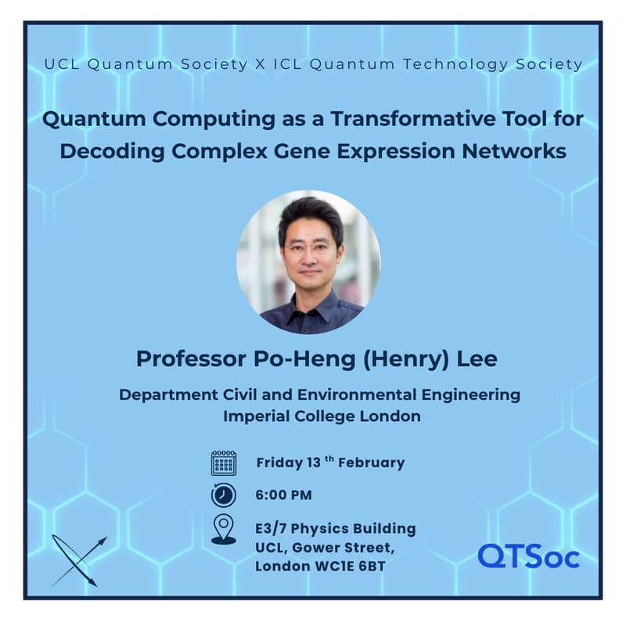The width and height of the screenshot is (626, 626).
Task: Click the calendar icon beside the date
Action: (223, 462)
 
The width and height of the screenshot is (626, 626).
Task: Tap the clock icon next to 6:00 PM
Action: (223, 495)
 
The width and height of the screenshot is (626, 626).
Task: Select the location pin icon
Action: (223, 529)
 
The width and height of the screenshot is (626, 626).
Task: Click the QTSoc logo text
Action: (528, 556)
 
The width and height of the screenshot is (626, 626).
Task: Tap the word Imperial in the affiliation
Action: (259, 416)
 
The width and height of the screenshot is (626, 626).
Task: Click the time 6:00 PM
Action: (284, 495)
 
